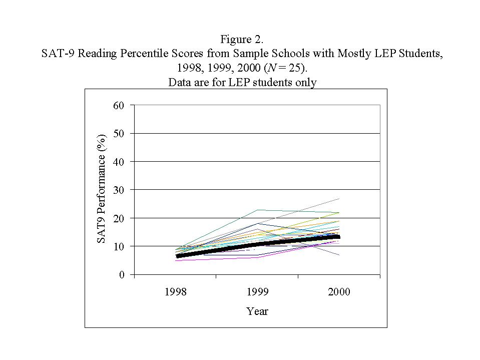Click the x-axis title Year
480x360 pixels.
tap(257, 311)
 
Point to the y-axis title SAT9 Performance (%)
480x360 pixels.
tap(102, 189)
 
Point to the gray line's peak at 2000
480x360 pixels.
tap(339, 199)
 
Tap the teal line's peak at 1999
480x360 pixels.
tap(257, 210)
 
